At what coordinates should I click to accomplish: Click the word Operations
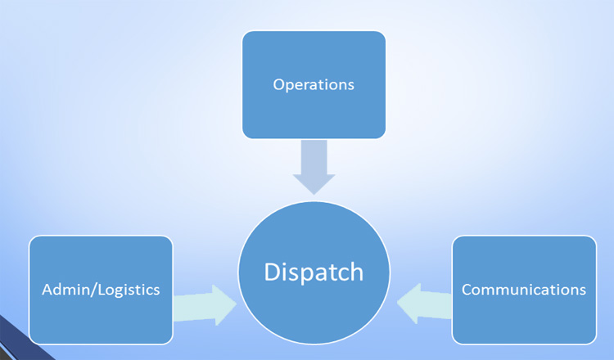(314, 85)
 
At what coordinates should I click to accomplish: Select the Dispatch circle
(314, 272)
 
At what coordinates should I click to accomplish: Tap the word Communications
(524, 290)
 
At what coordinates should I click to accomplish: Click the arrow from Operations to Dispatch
(314, 167)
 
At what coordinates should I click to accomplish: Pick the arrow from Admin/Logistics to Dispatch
(205, 305)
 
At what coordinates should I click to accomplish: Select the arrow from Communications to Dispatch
(424, 304)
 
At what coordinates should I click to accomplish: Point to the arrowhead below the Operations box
(314, 184)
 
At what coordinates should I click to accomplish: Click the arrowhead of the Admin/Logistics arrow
(225, 305)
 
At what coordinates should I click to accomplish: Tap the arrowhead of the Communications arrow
(409, 304)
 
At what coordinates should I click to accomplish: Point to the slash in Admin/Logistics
(94, 290)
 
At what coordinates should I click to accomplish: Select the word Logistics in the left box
(129, 290)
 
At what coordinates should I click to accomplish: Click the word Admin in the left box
(65, 290)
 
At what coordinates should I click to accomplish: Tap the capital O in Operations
(279, 85)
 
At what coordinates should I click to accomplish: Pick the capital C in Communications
(467, 290)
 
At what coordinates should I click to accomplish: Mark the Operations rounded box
(314, 85)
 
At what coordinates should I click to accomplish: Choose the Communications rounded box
(524, 290)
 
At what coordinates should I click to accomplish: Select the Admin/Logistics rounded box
(101, 290)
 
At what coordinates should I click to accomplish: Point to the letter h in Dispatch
(356, 272)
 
